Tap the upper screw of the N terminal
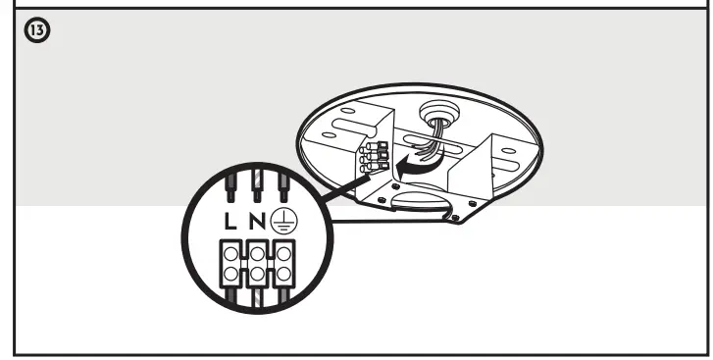(256, 251)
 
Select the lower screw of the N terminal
(256, 268)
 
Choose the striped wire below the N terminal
(257, 300)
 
